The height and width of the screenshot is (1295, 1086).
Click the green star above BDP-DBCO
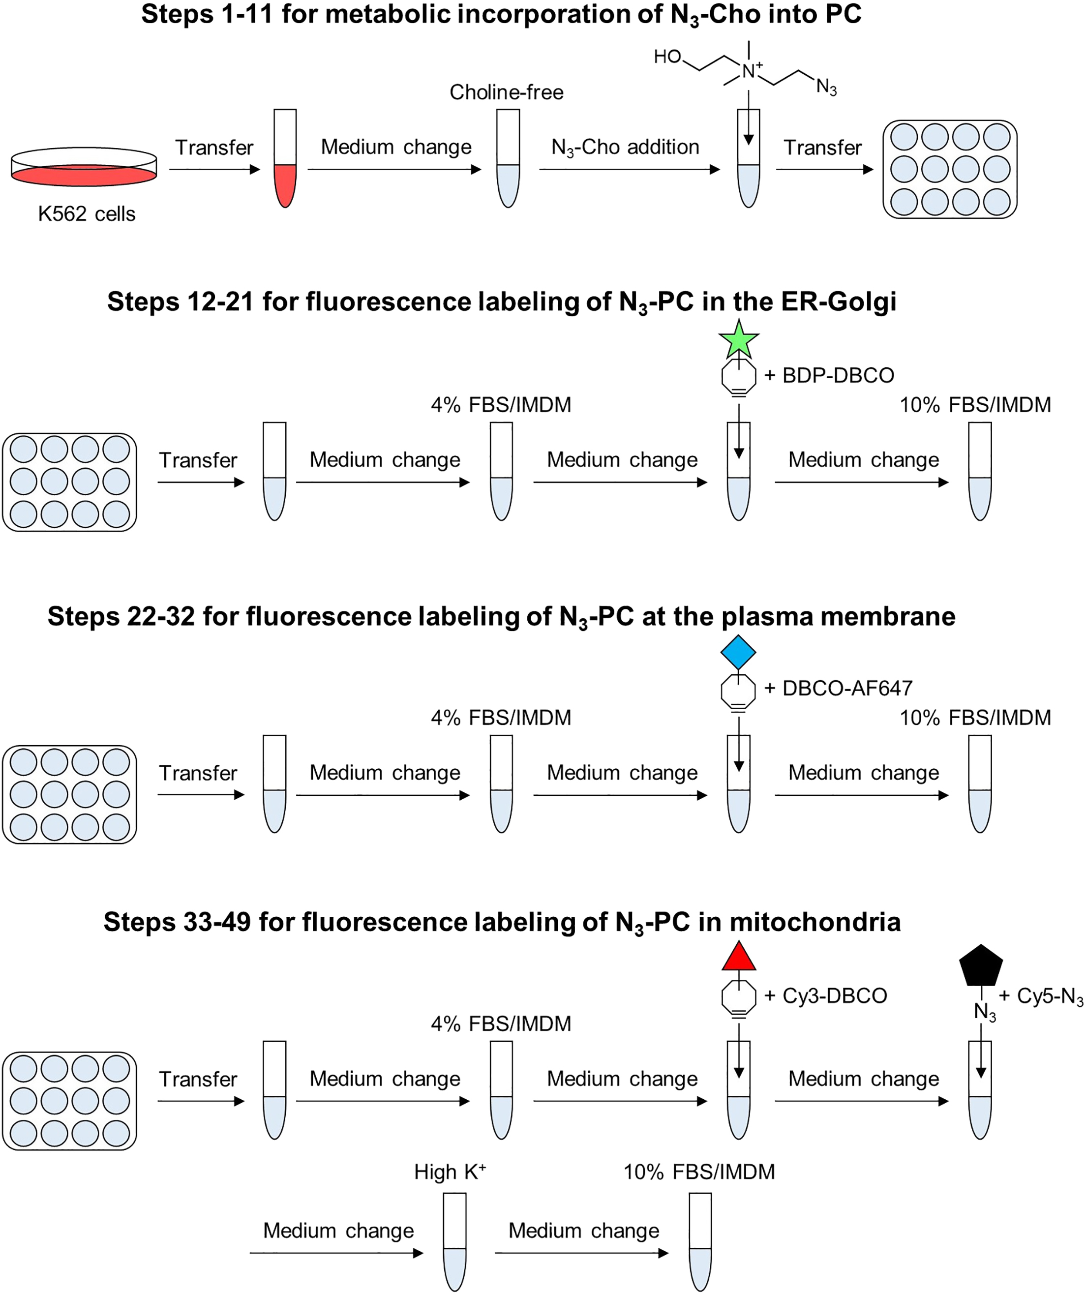738,340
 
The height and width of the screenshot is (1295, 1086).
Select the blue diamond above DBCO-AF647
738,652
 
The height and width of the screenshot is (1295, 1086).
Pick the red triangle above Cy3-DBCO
738,957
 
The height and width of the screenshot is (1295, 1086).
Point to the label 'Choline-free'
506,92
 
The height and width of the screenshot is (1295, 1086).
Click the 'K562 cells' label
87,214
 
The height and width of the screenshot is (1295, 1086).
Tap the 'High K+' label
450,1172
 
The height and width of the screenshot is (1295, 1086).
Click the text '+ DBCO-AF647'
838,688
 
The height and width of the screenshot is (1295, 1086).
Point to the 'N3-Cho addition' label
625,148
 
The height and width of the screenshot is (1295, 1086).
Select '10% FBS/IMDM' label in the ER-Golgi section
975,405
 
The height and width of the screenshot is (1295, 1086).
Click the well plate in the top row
950,169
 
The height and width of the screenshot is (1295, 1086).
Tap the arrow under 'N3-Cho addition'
629,170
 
